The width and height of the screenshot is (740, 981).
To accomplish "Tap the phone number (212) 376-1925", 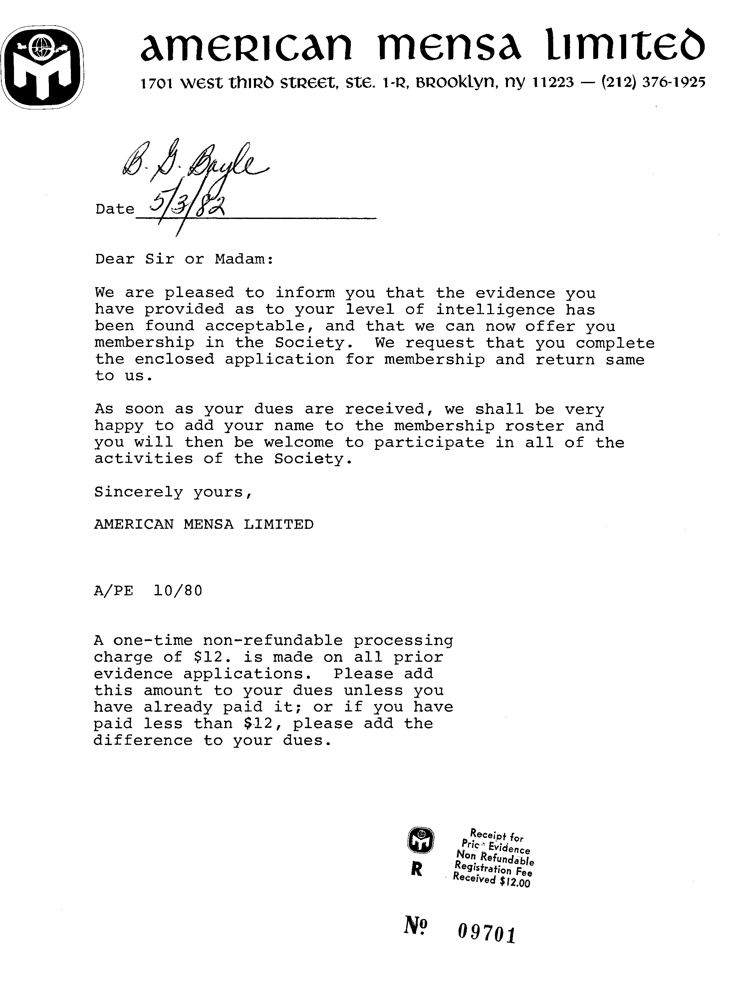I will pyautogui.click(x=652, y=83).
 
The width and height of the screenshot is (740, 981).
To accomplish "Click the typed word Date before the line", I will pyautogui.click(x=115, y=209).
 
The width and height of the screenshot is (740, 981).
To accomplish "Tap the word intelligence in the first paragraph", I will pyautogui.click(x=495, y=309).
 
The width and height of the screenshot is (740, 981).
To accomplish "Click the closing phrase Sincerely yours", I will pyautogui.click(x=173, y=492).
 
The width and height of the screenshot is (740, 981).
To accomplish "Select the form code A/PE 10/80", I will pyautogui.click(x=148, y=591).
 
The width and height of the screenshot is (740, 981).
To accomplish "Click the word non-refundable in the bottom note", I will pyautogui.click(x=273, y=641).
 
